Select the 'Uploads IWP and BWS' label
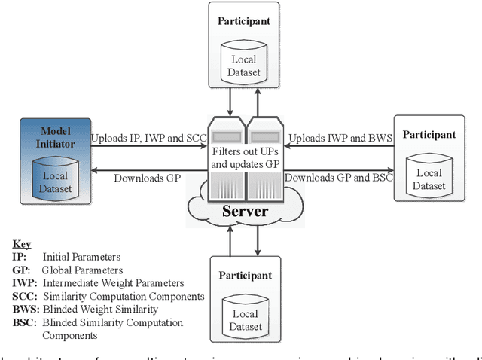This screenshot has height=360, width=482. point(337,139)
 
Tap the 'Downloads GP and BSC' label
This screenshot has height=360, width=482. point(339,178)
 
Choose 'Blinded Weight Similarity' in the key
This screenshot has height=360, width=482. point(99,309)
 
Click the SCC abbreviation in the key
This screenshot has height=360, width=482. point(24,295)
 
